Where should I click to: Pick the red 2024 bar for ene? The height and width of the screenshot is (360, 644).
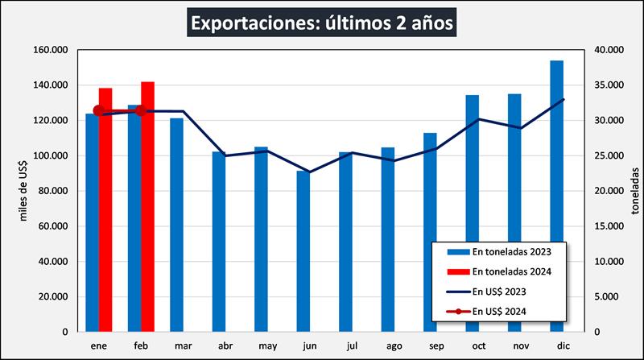(x=105, y=209)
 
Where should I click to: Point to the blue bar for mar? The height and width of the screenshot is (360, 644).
(x=176, y=225)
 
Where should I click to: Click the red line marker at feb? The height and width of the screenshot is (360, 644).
(x=140, y=110)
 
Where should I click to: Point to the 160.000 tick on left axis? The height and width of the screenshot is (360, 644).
(x=50, y=50)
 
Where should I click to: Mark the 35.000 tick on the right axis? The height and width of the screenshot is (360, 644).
(x=607, y=85)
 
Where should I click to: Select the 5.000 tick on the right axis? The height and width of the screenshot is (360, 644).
(x=605, y=297)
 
